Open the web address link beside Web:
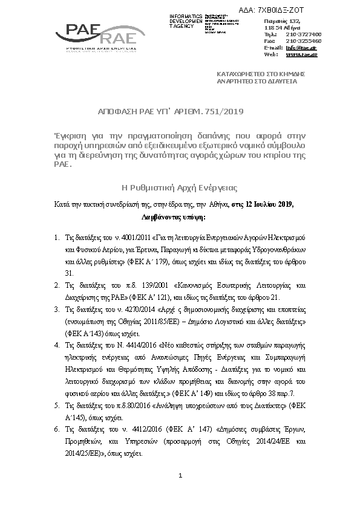pyautogui.click(x=301, y=54)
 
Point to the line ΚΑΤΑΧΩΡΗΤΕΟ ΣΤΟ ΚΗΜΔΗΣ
pyautogui.click(x=260, y=73)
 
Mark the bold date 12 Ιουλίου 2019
pyautogui.click(x=266, y=204)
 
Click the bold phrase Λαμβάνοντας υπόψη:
pyautogui.click(x=174, y=215)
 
